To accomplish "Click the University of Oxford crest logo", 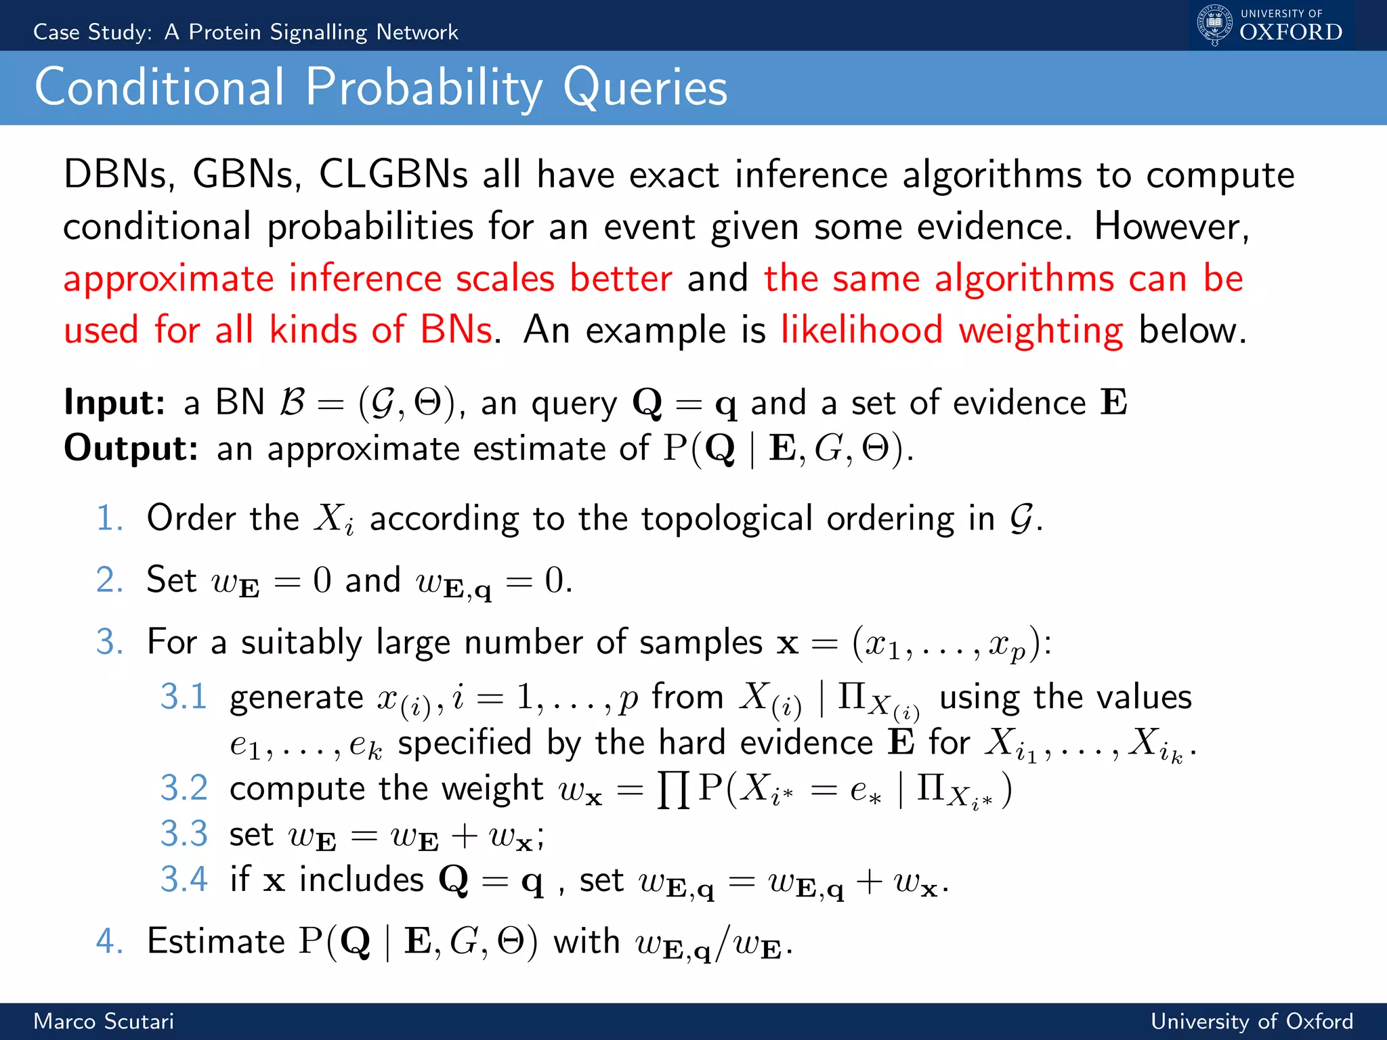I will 1215,24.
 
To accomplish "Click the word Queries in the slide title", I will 645,88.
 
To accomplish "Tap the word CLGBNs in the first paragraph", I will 393,175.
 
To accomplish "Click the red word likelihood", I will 861,330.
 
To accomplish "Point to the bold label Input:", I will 114,403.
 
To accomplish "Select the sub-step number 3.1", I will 183,697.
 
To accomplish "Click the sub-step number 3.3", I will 183,834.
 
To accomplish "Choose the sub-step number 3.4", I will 183,880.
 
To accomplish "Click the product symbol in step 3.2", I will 674,790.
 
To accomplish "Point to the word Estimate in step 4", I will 216,942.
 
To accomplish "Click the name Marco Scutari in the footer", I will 104,1021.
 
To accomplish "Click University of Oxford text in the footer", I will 1252,1021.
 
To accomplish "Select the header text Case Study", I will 93,32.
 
